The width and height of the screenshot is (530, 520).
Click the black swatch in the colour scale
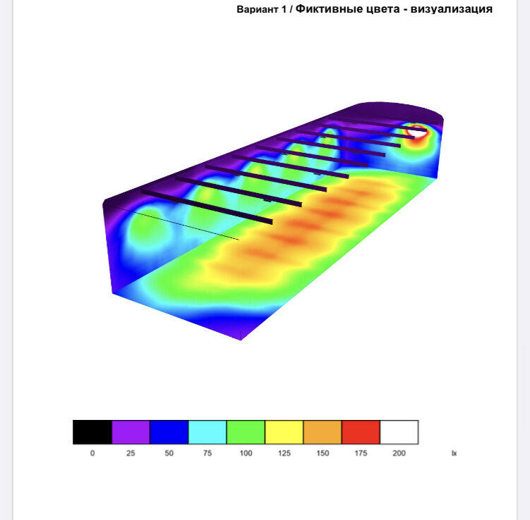pos(92,432)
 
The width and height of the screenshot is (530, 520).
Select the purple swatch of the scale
pos(131,432)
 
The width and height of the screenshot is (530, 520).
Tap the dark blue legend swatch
pos(169,432)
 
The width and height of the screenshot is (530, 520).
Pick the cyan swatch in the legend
pos(207,432)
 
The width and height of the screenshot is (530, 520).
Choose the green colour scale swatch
pos(246,432)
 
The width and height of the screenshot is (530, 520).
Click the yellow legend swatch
pos(284,432)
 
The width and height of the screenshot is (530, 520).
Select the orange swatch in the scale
pos(323,432)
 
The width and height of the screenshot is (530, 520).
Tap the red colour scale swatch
pos(361,432)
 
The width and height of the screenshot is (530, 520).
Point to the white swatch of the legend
pos(399,432)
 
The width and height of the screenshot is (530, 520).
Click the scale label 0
pos(92,453)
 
